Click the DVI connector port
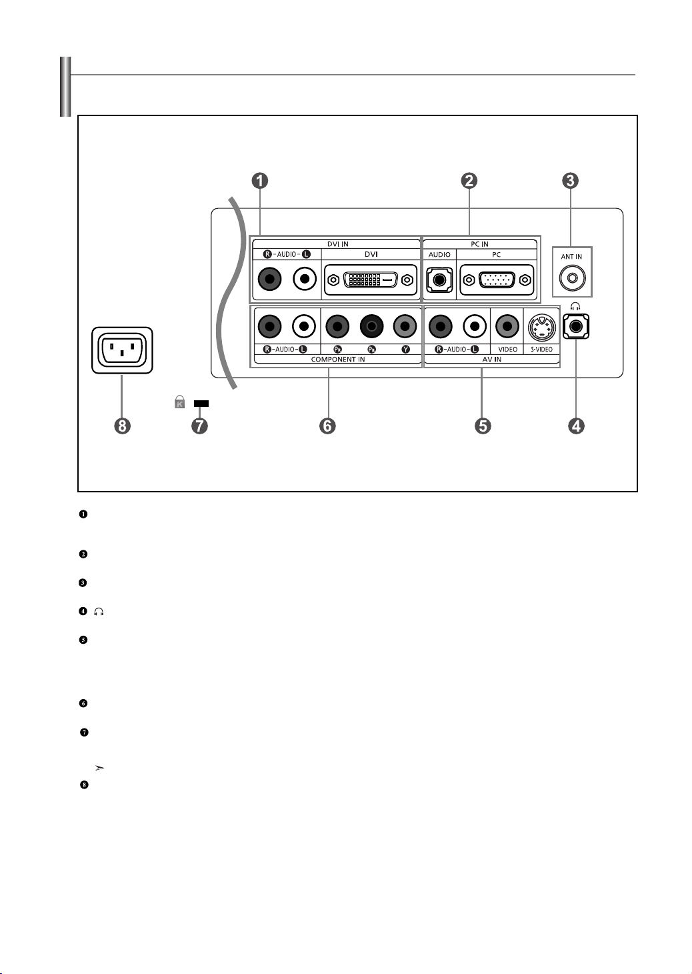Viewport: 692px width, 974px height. pos(371,280)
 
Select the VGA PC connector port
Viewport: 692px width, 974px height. pos(497,280)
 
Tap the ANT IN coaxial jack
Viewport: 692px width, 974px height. pos(572,278)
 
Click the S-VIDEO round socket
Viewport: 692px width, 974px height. pos(542,328)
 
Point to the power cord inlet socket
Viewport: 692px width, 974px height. pos(122,350)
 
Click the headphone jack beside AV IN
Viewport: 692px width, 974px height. pos(576,326)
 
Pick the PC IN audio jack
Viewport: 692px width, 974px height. pos(439,280)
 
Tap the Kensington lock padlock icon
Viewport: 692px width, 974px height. pos(179,402)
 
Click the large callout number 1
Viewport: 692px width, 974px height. pos(260,180)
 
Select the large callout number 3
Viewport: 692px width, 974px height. pos(571,180)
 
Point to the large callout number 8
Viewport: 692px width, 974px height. pos(123,426)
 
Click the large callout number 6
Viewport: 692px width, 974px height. pos(327,426)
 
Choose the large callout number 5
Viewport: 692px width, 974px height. pos(483,426)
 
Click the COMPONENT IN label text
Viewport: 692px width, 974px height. pos(338,360)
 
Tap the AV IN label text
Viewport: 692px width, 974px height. pos(492,360)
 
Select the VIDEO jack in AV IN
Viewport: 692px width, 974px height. pos(507,326)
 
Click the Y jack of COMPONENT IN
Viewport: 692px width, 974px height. pos(405,326)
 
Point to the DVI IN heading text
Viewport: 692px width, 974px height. pos(337,244)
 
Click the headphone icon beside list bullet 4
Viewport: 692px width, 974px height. pos(99,612)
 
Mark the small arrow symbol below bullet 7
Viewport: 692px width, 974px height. pos(99,769)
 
